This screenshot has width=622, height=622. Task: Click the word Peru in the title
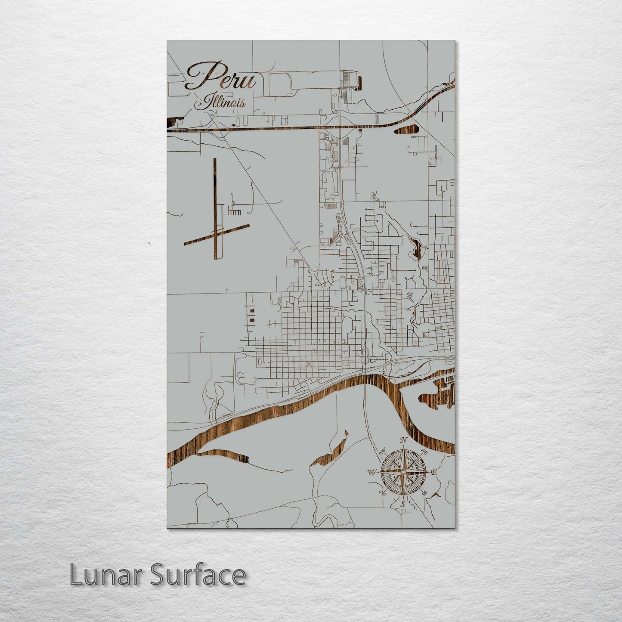(x=221, y=77)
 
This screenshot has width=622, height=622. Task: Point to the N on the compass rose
(x=403, y=440)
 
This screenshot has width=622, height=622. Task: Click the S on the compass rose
(x=402, y=504)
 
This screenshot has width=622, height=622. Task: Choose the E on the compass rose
(x=434, y=472)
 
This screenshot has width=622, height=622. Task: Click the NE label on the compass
(x=424, y=452)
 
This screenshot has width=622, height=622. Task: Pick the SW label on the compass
(x=382, y=492)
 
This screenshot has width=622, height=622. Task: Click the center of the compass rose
(x=402, y=472)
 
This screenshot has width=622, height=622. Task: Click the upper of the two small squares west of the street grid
(x=251, y=310)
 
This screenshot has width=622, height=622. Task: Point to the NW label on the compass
(x=382, y=453)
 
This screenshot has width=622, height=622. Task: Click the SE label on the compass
(x=424, y=492)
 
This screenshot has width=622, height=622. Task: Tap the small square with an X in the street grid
(x=309, y=364)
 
